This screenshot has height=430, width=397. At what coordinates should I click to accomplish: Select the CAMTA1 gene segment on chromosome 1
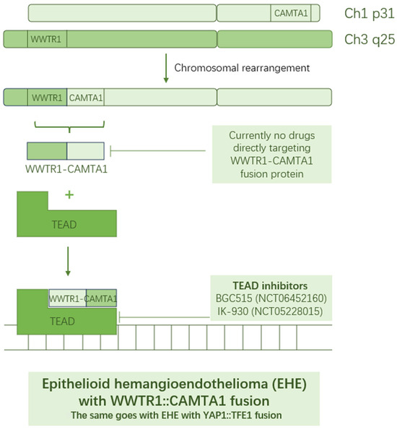pos(292,13)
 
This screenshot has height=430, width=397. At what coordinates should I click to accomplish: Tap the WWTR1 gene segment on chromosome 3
pos(47,39)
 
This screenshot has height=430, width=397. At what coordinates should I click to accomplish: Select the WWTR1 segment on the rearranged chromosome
pos(47,97)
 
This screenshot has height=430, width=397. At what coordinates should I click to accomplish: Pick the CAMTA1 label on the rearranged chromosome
pos(86,97)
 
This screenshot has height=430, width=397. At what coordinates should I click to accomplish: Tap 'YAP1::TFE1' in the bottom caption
pos(237,416)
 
